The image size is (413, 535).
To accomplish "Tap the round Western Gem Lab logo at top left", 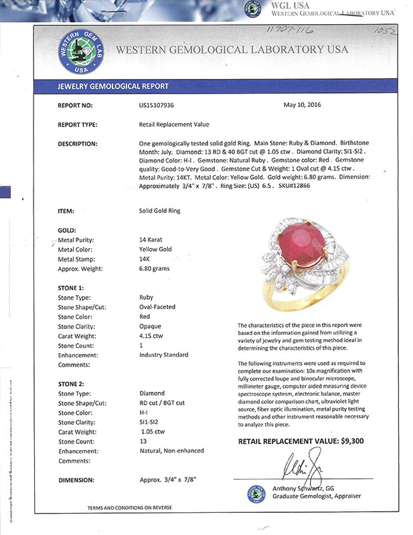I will tap(78, 50).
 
